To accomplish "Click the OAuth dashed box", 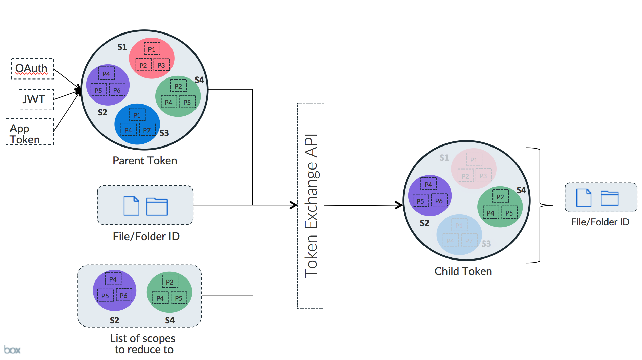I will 32,69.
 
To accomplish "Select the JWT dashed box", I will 36,99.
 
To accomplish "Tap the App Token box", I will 30,132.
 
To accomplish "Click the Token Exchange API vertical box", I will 311,206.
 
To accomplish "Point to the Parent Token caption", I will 145,161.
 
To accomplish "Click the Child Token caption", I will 463,271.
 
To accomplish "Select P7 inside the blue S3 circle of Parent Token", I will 147,130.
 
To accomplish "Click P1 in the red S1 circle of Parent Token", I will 152,49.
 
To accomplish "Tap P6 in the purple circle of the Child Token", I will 439,201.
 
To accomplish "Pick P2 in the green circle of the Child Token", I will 500,197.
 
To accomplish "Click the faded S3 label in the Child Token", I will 486,244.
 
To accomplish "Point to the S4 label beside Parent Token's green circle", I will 199,80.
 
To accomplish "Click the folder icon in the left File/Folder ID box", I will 157,206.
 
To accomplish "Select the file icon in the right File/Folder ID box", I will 583,198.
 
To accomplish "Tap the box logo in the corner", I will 12,350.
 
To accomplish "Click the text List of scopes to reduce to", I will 143,344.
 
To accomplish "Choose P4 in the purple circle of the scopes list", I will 113,279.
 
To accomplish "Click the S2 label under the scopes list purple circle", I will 114,320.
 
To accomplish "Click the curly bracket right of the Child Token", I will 541,205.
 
